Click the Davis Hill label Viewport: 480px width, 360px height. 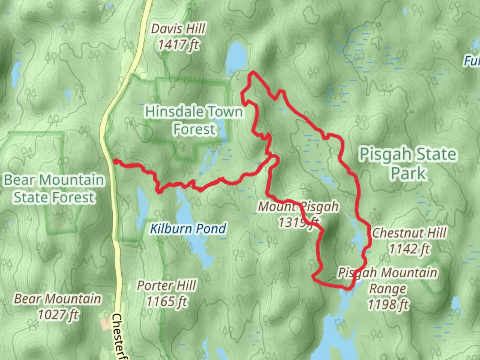click(x=178, y=29)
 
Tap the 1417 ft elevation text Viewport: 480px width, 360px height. click(x=178, y=44)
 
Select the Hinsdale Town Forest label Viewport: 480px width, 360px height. click(x=194, y=120)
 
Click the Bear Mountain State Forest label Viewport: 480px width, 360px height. click(x=54, y=189)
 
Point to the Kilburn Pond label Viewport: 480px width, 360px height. click(x=188, y=229)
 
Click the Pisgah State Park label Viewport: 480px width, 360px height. click(x=408, y=163)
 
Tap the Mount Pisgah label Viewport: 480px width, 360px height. click(x=298, y=207)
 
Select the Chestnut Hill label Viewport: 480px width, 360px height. click(x=409, y=233)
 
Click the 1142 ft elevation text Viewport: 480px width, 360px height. click(x=409, y=249)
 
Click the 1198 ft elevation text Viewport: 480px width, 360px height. click(x=388, y=304)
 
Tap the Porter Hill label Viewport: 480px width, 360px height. click(x=167, y=286)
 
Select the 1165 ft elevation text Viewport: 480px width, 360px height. click(x=167, y=302)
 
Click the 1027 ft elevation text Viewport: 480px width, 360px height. click(x=58, y=314)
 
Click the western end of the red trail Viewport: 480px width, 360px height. click(x=115, y=161)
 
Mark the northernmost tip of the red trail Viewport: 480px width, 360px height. click(x=254, y=72)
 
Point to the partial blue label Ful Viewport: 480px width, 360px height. click(x=472, y=61)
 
